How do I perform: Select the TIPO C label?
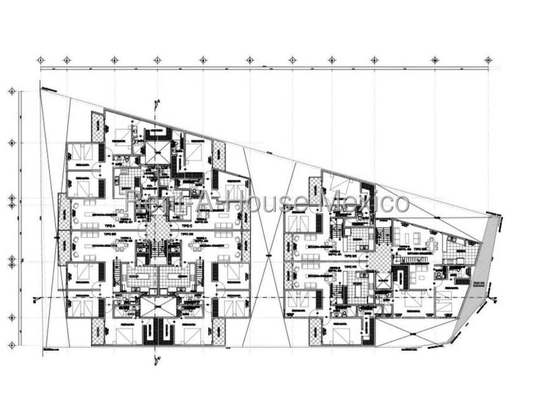coord(186,225)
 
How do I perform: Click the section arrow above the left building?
coord(156,103)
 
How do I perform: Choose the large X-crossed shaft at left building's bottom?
coord(157,307)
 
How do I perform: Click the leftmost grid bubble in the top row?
coord(41,60)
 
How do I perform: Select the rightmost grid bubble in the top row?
coord(488,60)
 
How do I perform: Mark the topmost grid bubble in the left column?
coord(11,92)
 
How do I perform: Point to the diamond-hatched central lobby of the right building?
coord(380,259)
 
